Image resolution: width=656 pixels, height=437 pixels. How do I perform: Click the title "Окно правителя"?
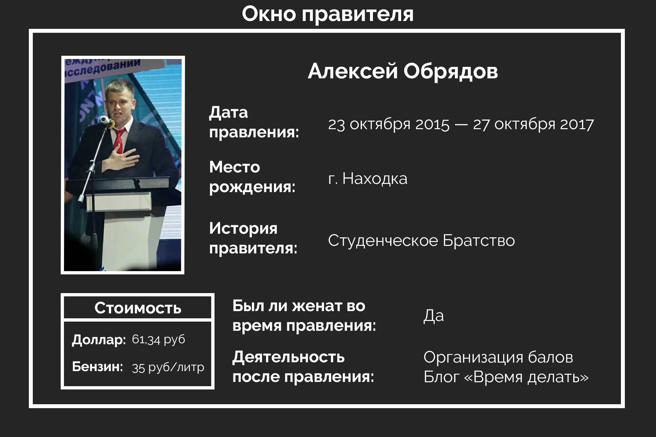327,14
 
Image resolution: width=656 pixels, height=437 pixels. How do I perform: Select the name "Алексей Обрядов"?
402,71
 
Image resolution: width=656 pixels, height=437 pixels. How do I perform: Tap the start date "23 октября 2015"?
389,125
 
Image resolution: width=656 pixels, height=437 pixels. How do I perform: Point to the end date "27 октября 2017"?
533,125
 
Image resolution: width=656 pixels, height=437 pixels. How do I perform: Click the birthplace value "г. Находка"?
367,179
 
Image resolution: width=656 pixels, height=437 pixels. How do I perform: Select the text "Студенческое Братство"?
421,241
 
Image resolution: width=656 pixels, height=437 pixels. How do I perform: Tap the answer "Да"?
433,316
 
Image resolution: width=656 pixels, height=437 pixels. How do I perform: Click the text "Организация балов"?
498,357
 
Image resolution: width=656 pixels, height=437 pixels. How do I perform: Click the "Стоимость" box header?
138,308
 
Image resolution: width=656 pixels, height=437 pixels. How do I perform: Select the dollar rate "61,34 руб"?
158,340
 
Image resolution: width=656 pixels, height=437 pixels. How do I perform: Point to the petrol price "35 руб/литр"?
168,367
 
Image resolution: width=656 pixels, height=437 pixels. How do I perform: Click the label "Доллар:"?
99,340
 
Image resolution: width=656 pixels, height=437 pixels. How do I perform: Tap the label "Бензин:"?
97,367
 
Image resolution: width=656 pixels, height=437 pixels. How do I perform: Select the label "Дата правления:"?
254,122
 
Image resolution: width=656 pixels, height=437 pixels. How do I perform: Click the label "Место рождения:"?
252,177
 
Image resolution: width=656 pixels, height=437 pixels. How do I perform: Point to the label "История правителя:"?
253,238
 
